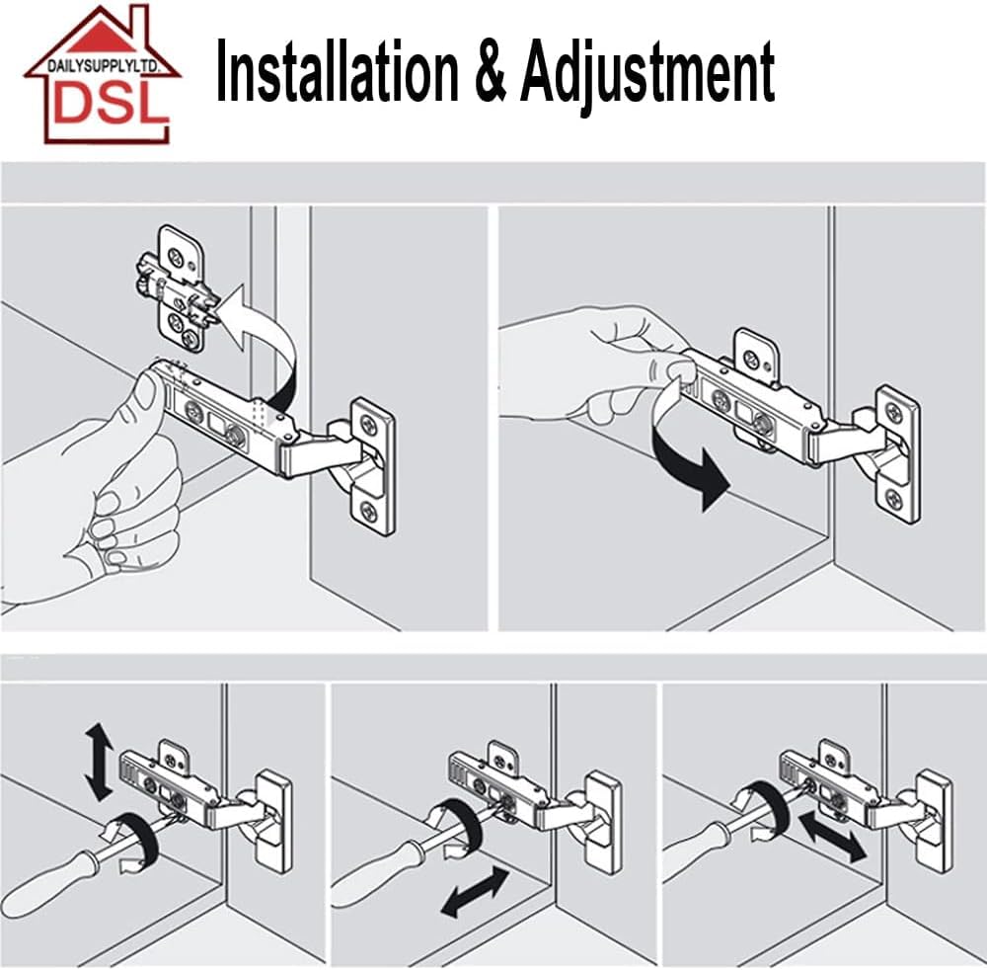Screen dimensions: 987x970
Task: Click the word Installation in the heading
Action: [338, 69]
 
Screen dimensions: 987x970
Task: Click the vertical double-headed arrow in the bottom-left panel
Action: [99, 762]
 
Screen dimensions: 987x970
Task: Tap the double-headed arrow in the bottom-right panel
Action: [832, 837]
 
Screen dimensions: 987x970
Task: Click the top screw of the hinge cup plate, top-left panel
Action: [367, 421]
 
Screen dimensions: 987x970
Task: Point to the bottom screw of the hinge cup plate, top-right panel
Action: [894, 500]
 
